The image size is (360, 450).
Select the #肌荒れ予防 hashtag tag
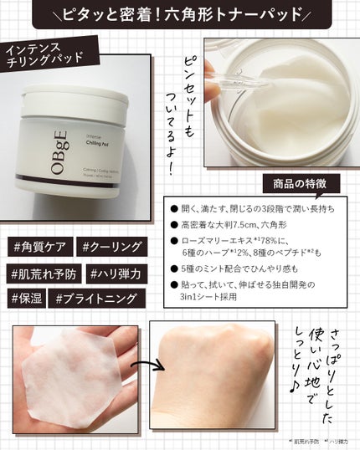[x=44, y=272]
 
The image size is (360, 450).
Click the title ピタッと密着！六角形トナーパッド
[x=179, y=16]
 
